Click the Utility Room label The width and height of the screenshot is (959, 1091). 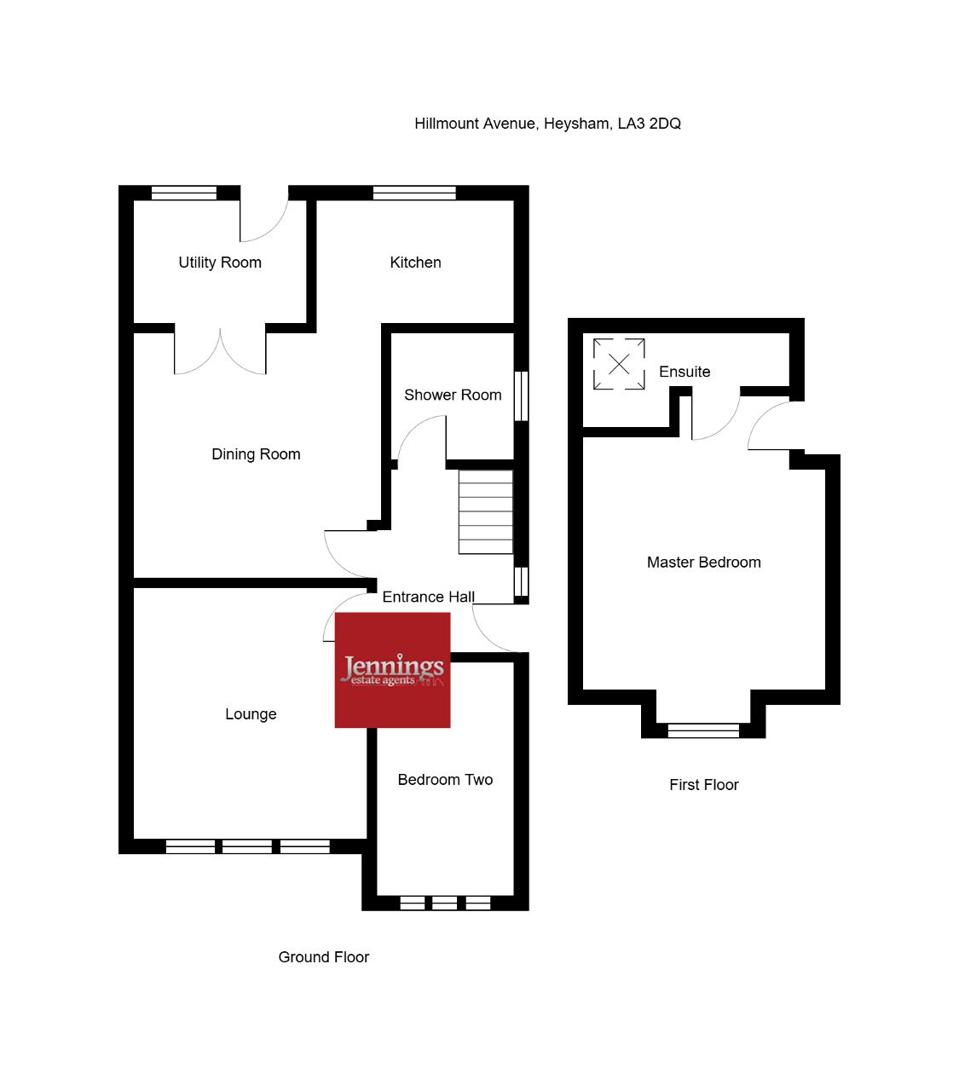point(220,263)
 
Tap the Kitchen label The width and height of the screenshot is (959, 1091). point(415,263)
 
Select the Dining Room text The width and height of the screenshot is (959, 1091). point(256,454)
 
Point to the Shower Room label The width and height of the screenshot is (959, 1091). point(453,395)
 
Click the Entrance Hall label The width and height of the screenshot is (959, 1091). point(428,597)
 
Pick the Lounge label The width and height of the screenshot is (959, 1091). point(251,714)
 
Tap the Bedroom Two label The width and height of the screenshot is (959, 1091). point(445,779)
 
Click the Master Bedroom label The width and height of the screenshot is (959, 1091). point(703,563)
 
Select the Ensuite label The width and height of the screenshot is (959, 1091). point(685,372)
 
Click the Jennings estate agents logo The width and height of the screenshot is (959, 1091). point(392,670)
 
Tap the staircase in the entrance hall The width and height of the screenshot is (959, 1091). point(485,511)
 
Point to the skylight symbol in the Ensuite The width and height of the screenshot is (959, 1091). point(619,364)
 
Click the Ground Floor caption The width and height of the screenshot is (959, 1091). point(324,957)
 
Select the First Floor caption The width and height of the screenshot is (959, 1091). point(703,785)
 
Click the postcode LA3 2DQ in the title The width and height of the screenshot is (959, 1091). point(649,124)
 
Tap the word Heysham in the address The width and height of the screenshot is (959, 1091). point(578,124)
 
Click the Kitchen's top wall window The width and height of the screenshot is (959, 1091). point(414,193)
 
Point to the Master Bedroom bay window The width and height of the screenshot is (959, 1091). point(703,730)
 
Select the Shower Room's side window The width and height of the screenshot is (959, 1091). point(521,395)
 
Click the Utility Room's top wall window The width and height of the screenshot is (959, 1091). point(183,193)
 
